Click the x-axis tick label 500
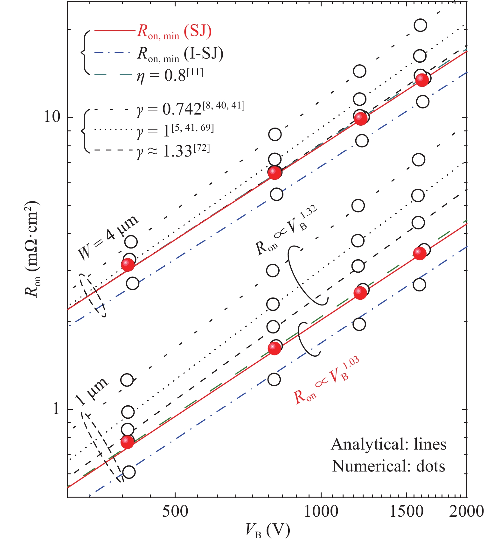click(x=175, y=511)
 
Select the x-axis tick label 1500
click(x=406, y=511)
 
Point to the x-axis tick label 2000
click(x=466, y=511)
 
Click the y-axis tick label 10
click(x=52, y=117)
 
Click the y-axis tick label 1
click(x=56, y=409)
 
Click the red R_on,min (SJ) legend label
click(x=174, y=32)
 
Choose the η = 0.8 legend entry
click(x=170, y=75)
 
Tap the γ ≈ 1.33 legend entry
click(x=173, y=150)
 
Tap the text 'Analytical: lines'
click(x=388, y=444)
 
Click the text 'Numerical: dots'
click(x=388, y=466)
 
